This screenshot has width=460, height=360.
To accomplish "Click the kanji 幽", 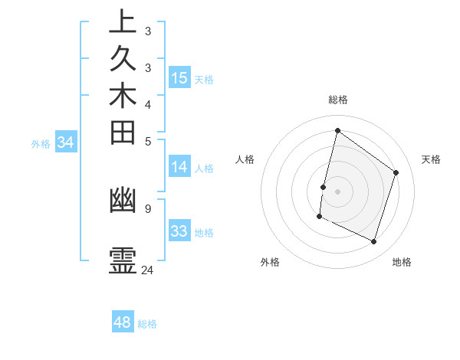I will [x=122, y=201].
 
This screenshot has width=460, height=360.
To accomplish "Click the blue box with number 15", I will [x=179, y=78].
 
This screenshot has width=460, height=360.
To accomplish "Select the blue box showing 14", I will [x=179, y=168].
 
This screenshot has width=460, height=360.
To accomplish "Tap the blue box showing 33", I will [x=179, y=231].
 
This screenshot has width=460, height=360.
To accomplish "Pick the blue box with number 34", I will [x=66, y=142].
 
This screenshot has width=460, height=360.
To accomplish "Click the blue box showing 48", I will [x=123, y=322].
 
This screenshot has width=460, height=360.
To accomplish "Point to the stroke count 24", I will [x=147, y=270].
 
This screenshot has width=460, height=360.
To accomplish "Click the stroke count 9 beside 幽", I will [x=147, y=208].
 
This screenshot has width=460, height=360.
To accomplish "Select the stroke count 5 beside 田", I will [x=147, y=141].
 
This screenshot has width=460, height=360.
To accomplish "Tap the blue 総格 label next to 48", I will [x=147, y=324].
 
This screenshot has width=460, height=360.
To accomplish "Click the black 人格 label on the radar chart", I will [x=245, y=159].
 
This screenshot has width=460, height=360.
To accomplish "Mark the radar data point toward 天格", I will [x=396, y=172].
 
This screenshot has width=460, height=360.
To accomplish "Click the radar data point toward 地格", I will [x=373, y=242].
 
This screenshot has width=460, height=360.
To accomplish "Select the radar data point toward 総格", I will [x=337, y=131].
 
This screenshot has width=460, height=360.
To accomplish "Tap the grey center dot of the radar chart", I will [x=337, y=191].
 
